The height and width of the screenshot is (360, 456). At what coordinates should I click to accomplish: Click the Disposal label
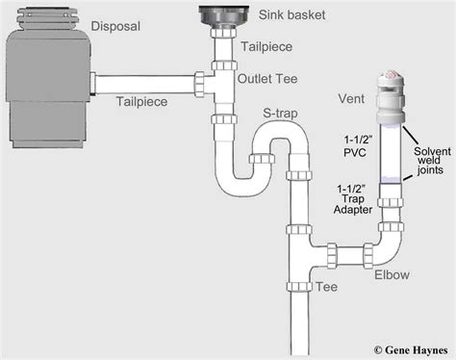115,26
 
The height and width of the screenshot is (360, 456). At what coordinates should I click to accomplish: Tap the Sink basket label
291,14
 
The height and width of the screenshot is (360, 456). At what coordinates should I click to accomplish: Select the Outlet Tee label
267,79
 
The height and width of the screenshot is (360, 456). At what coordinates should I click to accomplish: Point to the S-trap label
280,114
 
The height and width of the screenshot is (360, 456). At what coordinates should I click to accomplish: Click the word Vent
351,99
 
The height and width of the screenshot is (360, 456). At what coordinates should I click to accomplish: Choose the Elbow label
392,274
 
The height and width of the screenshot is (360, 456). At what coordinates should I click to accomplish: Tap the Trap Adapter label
353,204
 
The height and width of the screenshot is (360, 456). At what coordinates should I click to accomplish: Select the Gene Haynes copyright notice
411,349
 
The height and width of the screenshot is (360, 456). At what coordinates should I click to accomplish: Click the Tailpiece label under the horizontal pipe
141,102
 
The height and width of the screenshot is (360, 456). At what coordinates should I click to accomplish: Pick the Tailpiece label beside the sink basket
266,47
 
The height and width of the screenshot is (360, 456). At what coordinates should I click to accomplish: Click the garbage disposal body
48,79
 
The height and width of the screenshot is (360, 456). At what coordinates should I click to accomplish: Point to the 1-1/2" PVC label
355,146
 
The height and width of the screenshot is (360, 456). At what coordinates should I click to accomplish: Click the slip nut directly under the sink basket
224,33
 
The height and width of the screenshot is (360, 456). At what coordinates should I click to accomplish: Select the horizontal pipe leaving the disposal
144,85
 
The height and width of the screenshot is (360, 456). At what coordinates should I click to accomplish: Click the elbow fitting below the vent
388,246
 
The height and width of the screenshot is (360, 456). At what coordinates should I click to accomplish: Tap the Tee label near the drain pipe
326,287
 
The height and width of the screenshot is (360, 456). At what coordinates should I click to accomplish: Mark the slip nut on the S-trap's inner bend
261,159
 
